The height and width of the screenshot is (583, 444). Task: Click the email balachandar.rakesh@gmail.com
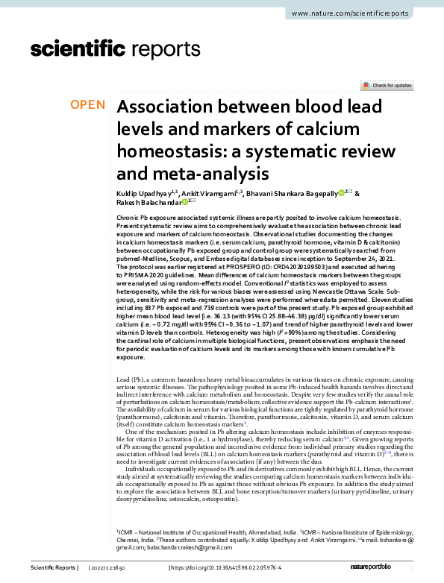pyautogui.click(x=168, y=548)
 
